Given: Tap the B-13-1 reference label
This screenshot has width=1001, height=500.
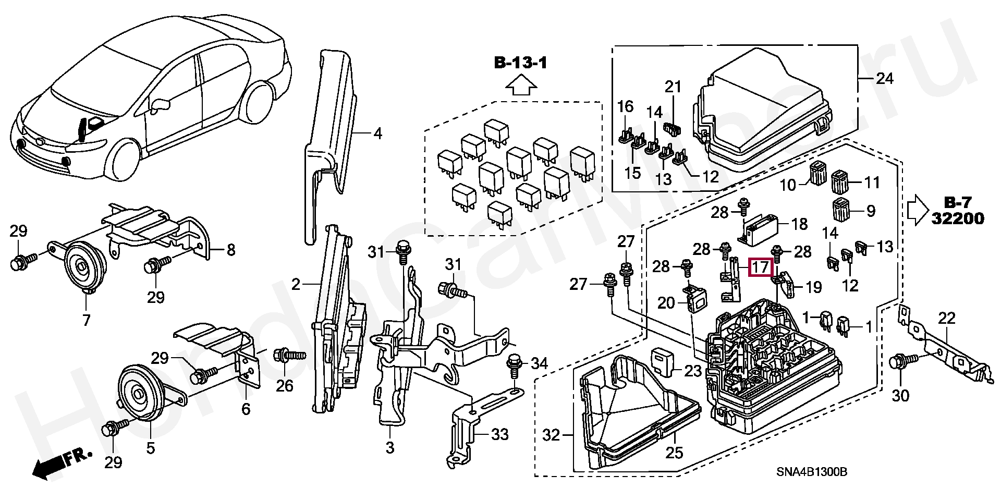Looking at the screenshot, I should tap(521, 64).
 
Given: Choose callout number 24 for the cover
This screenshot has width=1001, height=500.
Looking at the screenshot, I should tap(884, 79).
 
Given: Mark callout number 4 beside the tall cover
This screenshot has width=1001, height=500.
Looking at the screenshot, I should tap(377, 134).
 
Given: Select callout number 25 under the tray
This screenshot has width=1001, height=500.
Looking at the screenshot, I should tap(674, 452).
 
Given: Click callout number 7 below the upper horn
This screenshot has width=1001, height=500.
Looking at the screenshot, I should tap(86, 319).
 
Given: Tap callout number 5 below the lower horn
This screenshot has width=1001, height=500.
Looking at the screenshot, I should tap(150, 448).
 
